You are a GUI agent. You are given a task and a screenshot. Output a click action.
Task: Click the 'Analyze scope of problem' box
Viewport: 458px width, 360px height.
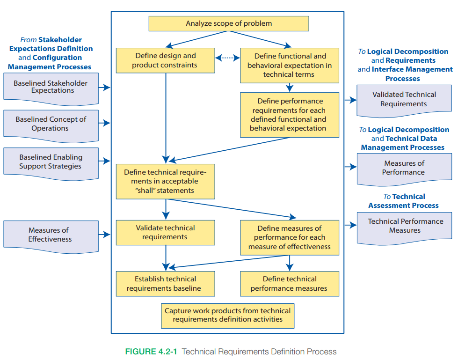[229, 23]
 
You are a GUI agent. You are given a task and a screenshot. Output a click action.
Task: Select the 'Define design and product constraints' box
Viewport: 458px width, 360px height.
[165, 60]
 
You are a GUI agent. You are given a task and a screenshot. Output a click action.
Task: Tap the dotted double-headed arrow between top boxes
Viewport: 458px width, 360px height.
[227, 58]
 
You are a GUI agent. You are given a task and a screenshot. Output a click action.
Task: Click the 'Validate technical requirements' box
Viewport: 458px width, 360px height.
[165, 233]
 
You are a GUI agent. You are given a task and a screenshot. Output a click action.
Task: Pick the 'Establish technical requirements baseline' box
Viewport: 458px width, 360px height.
[165, 284]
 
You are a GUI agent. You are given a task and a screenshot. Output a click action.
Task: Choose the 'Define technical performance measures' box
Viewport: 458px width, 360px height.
[289, 284]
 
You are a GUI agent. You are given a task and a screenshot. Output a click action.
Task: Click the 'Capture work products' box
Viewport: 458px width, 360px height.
[227, 315]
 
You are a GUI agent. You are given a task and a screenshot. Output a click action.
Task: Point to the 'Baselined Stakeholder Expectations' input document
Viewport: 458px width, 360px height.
[51, 88]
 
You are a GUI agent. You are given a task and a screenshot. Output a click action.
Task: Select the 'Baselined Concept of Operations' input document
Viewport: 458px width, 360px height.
[51, 125]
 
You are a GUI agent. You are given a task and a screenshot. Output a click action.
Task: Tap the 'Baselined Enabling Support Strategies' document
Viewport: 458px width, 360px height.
[51, 162]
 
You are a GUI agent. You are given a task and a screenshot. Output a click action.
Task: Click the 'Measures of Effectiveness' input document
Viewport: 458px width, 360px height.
[51, 235]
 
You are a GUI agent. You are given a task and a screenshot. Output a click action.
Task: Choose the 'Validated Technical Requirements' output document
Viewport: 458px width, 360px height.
[404, 100]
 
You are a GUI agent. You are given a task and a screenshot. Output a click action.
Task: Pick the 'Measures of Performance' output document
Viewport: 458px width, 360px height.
[404, 169]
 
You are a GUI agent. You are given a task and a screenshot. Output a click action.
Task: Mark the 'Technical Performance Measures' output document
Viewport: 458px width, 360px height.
[404, 226]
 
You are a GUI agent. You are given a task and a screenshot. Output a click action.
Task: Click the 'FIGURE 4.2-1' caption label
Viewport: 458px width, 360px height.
[151, 352]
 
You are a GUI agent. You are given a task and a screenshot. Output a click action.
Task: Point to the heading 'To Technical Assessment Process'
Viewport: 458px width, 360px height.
[403, 201]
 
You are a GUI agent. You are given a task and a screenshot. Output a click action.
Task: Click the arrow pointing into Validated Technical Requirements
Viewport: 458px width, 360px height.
[350, 100]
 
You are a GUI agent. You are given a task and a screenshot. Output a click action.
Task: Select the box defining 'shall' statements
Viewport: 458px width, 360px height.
[165, 181]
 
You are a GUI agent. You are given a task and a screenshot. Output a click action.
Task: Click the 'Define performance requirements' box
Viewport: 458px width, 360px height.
[289, 115]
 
